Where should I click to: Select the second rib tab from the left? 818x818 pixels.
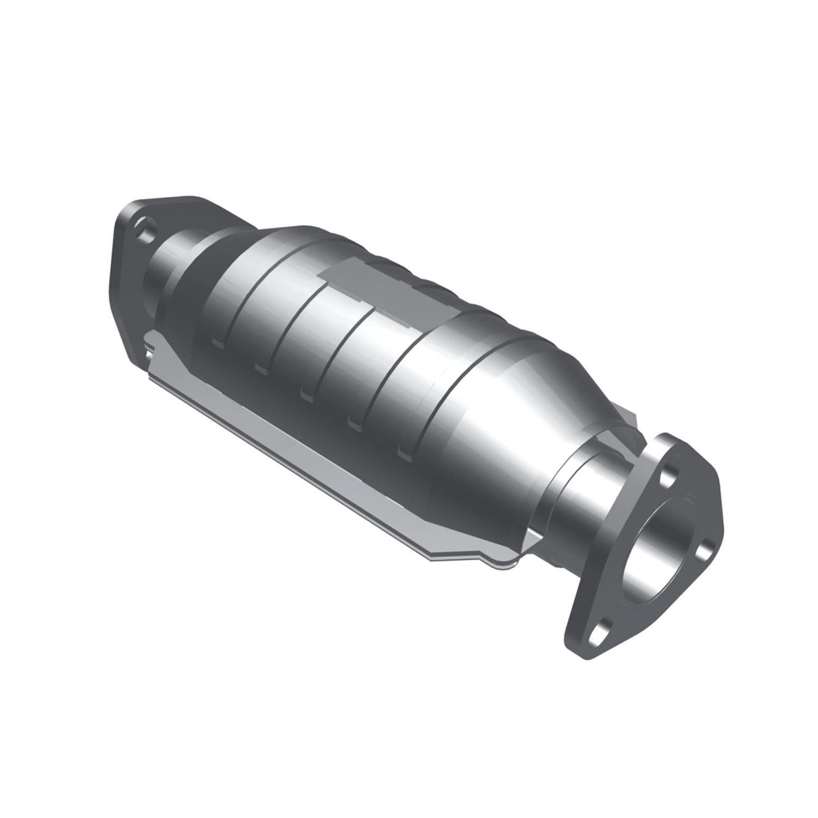tap(260, 364)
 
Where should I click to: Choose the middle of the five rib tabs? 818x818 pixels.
tap(306, 392)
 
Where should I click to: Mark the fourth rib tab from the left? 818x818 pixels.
tap(353, 420)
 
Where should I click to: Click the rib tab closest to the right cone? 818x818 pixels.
tap(405, 452)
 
